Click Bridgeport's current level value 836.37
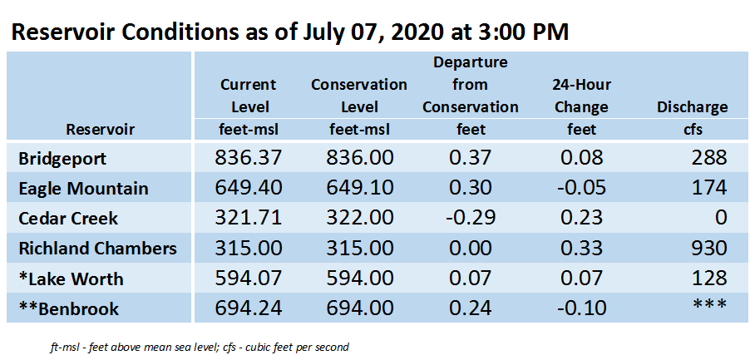[x=248, y=158]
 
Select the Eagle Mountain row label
[x=83, y=188]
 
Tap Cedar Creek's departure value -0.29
[x=470, y=218]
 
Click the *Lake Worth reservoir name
[x=71, y=279]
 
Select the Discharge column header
[x=693, y=107]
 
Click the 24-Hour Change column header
[x=581, y=96]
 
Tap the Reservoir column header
[x=100, y=130]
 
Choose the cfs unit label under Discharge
[x=693, y=130]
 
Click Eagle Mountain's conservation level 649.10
[x=359, y=188]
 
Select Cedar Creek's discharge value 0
[x=720, y=218]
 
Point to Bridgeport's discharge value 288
[x=708, y=158]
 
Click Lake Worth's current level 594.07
[x=248, y=279]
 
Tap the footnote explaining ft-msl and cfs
[x=199, y=347]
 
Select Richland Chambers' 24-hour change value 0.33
[x=581, y=249]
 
